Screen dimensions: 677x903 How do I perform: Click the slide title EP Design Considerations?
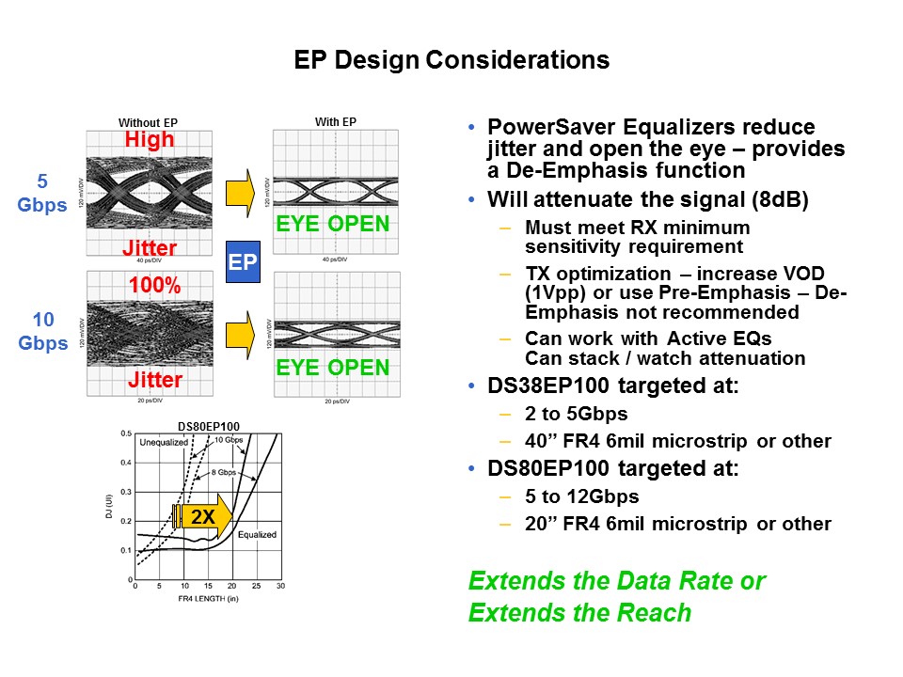(x=451, y=60)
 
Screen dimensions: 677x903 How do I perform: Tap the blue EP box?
(x=243, y=261)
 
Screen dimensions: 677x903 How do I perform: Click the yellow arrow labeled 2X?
(x=202, y=516)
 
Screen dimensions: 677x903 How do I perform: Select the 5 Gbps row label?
(x=42, y=192)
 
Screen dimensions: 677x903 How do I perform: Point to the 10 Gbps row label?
(x=42, y=331)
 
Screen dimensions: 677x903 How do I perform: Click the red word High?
(x=149, y=139)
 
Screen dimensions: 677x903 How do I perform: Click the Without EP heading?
(x=148, y=122)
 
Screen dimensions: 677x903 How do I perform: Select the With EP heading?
(x=336, y=121)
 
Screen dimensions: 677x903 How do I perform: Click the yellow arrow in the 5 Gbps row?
(x=242, y=189)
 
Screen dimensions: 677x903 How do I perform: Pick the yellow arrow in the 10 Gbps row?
(x=242, y=330)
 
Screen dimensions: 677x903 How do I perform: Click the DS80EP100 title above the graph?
(x=209, y=425)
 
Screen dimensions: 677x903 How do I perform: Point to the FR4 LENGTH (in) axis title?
(x=208, y=598)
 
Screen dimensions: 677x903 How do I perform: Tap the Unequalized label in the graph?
(x=165, y=442)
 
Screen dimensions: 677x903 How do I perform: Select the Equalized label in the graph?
(x=255, y=535)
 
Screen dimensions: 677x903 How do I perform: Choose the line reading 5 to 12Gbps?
(x=581, y=496)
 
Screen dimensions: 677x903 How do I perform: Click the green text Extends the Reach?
(x=579, y=613)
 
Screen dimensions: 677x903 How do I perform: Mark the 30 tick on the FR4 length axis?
(x=279, y=587)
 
